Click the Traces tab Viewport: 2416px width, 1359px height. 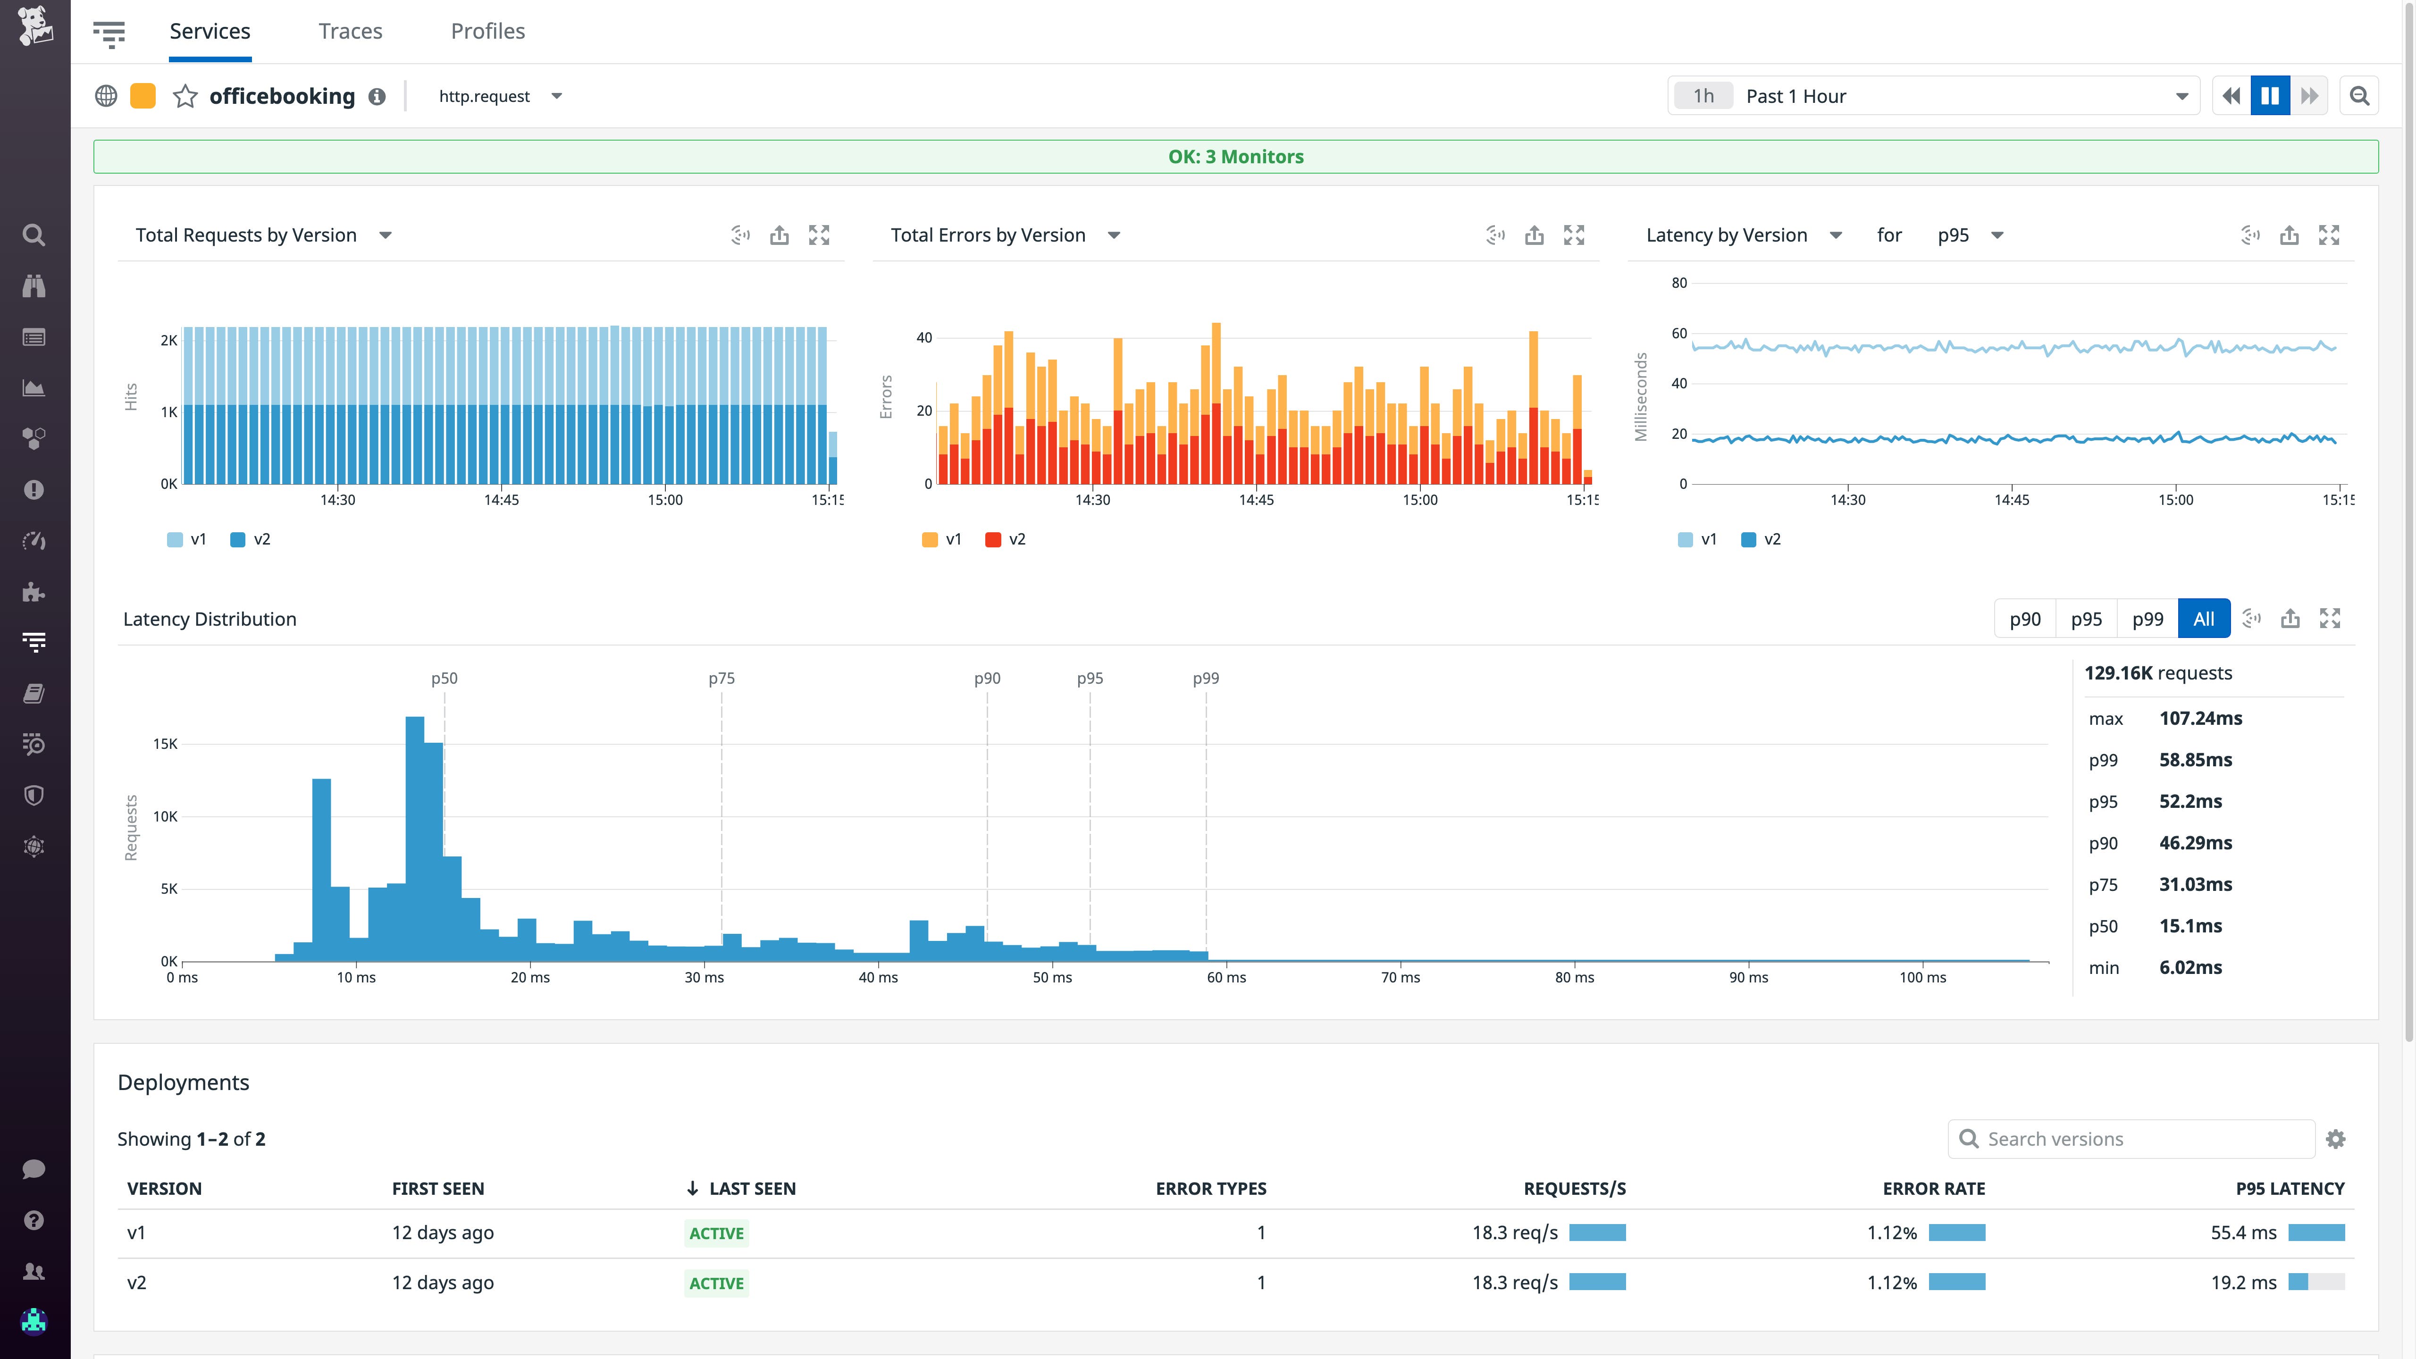pos(350,31)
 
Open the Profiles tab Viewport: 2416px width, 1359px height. pos(488,31)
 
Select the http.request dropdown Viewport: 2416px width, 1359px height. pos(500,97)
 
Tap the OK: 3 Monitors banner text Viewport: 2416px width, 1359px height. pos(1235,157)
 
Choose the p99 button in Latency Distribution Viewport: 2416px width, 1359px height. pos(2147,619)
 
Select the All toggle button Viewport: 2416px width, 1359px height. pos(2203,619)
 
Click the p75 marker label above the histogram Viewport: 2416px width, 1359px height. pos(721,678)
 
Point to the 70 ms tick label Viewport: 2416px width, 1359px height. pos(1400,977)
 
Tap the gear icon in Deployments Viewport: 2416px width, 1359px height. pos(2335,1139)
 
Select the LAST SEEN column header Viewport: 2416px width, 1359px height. pos(751,1188)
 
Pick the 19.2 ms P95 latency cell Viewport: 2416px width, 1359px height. pos(2243,1282)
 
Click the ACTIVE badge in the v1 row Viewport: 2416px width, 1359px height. pos(717,1233)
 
